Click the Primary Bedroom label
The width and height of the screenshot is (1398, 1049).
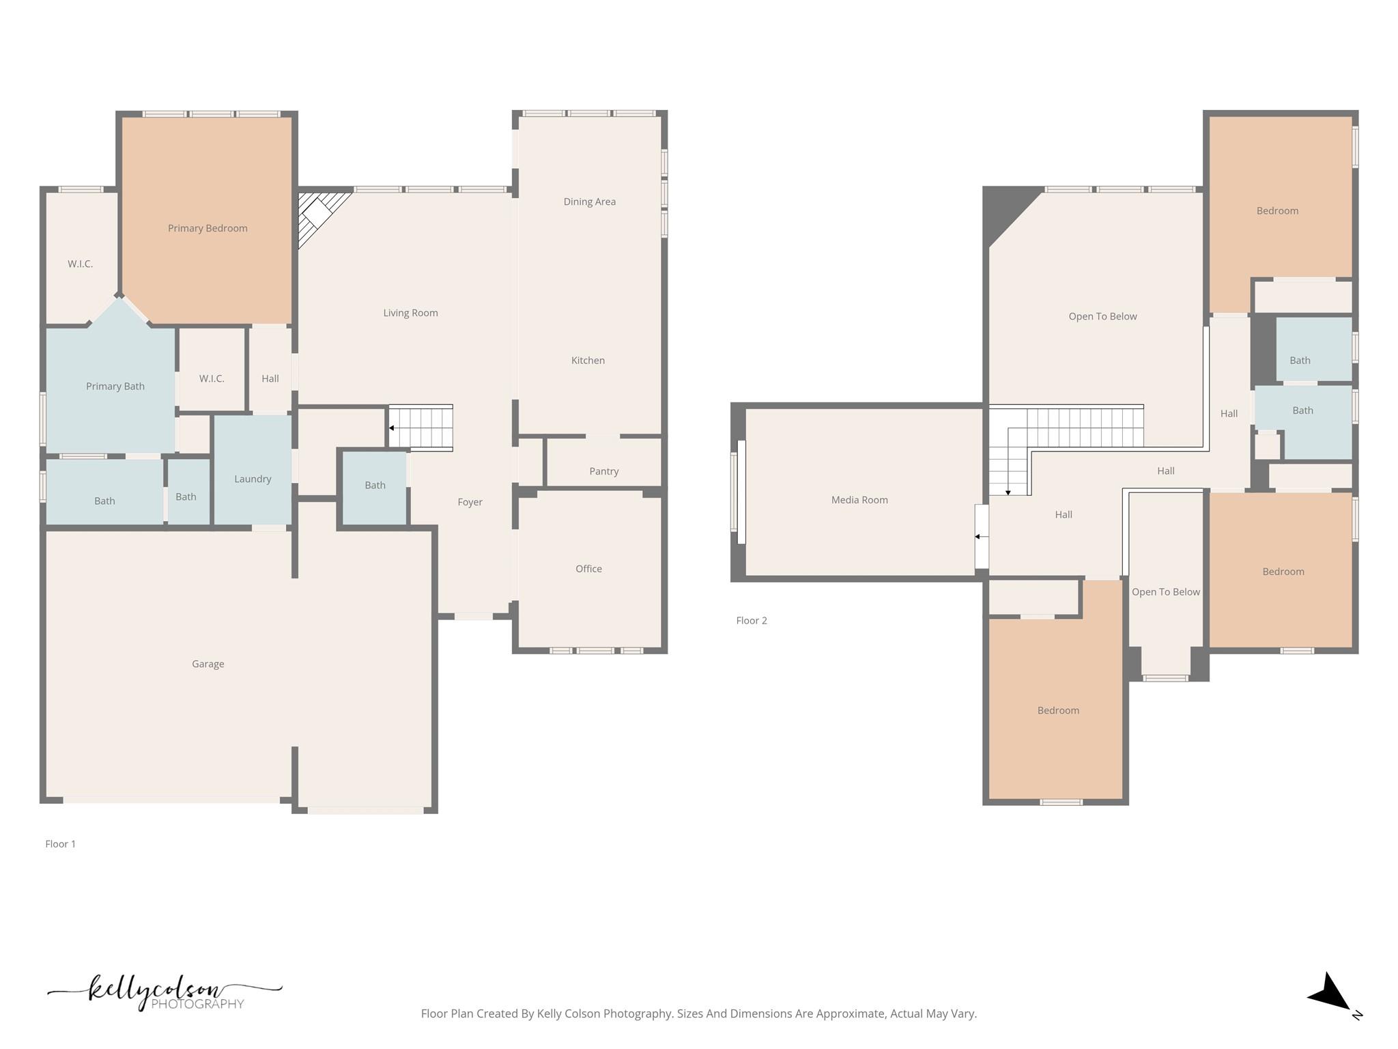point(208,228)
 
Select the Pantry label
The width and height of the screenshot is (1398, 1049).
point(603,471)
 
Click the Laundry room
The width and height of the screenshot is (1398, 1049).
point(253,479)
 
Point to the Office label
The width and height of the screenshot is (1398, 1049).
point(588,569)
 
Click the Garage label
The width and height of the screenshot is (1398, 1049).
point(208,664)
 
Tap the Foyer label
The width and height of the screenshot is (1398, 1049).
point(470,502)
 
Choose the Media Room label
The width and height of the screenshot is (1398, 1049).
point(859,500)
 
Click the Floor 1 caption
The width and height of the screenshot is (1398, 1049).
point(61,844)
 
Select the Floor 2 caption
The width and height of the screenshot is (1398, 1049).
point(752,621)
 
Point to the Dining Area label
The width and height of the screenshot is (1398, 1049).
point(589,201)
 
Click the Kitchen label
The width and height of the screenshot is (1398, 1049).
point(588,361)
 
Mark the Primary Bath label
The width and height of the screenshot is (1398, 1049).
point(115,387)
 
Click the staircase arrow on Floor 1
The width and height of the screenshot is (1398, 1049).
point(392,428)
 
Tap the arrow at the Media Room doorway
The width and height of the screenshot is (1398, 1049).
point(978,537)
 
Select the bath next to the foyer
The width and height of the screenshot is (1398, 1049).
point(375,486)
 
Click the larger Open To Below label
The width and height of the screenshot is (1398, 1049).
point(1102,316)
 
